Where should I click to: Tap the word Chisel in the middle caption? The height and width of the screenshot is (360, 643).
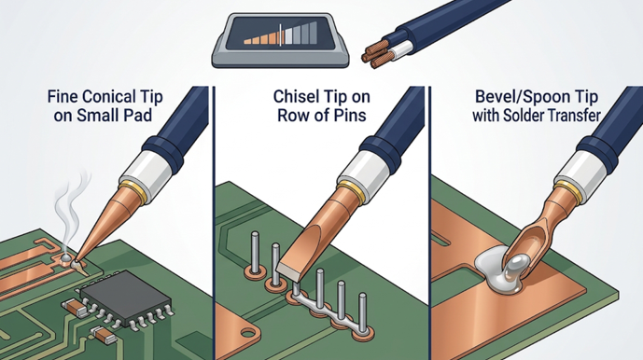(x=294, y=97)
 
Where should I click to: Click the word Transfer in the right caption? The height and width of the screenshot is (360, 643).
(x=572, y=116)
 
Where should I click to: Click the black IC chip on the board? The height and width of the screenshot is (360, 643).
(x=125, y=298)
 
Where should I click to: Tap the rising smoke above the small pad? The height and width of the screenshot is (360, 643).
(x=72, y=209)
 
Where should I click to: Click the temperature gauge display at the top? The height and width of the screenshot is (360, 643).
(x=281, y=40)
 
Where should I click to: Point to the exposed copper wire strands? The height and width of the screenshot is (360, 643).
(x=374, y=53)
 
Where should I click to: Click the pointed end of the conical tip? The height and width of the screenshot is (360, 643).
(x=76, y=261)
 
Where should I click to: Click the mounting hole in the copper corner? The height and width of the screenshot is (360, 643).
(x=247, y=333)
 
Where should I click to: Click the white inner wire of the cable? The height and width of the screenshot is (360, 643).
(x=397, y=51)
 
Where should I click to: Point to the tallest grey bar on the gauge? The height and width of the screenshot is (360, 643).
(x=313, y=33)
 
